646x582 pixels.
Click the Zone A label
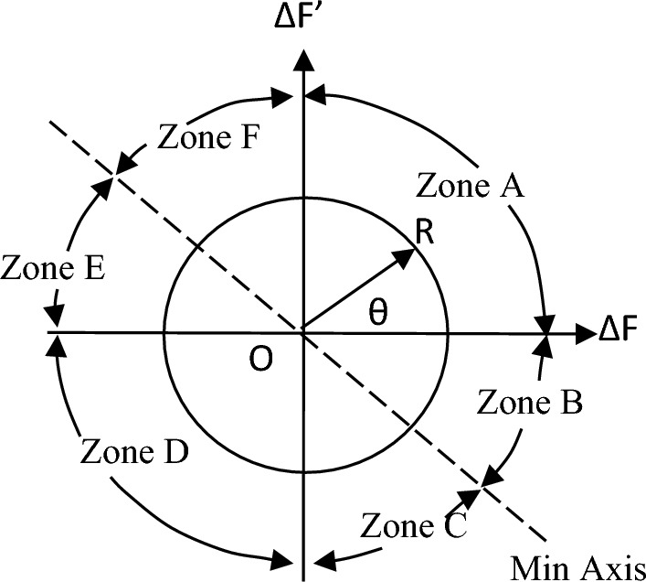pos(470,186)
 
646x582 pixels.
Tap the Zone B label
pos(530,402)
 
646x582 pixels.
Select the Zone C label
pos(415,526)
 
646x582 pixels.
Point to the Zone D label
pos(135,450)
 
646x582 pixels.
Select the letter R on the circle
pos(424,232)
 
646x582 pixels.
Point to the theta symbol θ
pos(378,312)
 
